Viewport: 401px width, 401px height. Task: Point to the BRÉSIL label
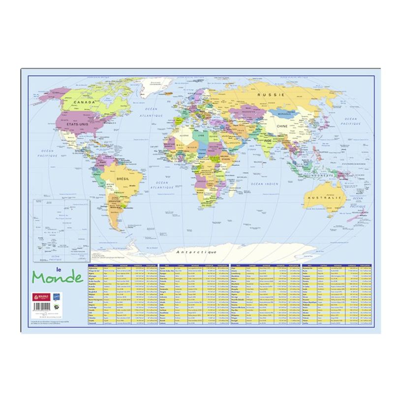click(123, 179)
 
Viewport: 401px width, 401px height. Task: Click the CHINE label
click(282, 126)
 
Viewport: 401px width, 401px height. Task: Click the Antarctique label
click(197, 252)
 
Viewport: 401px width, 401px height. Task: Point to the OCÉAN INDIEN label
click(266, 184)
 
